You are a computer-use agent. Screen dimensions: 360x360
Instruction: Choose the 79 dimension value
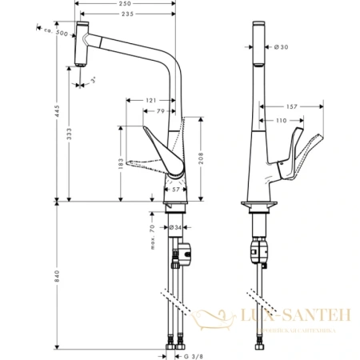[161, 110]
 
